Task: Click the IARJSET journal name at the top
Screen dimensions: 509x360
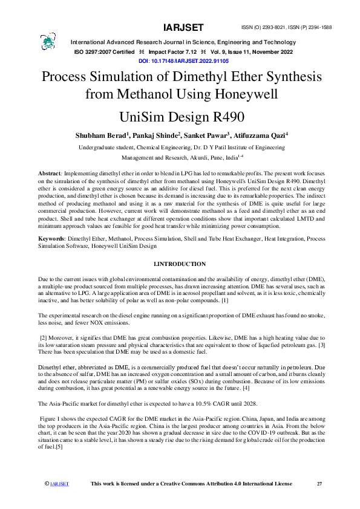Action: click(183, 28)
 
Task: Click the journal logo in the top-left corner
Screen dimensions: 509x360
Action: click(48, 42)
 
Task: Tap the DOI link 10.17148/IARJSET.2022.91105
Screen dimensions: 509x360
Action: click(180, 62)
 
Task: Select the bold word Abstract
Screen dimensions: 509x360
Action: click(49, 173)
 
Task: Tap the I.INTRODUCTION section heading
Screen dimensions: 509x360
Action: click(180, 264)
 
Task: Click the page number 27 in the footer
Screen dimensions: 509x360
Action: click(319, 484)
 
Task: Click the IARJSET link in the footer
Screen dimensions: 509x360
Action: click(59, 484)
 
